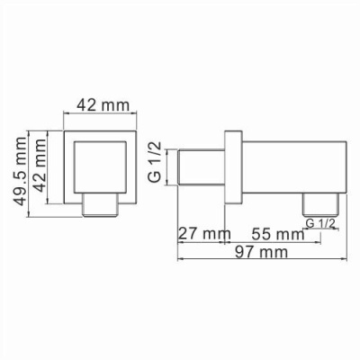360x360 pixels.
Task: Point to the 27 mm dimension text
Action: [199, 234]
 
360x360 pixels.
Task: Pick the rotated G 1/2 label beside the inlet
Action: [154, 163]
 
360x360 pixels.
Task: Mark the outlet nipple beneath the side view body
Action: [319, 202]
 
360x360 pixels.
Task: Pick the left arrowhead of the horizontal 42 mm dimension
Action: [64, 114]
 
